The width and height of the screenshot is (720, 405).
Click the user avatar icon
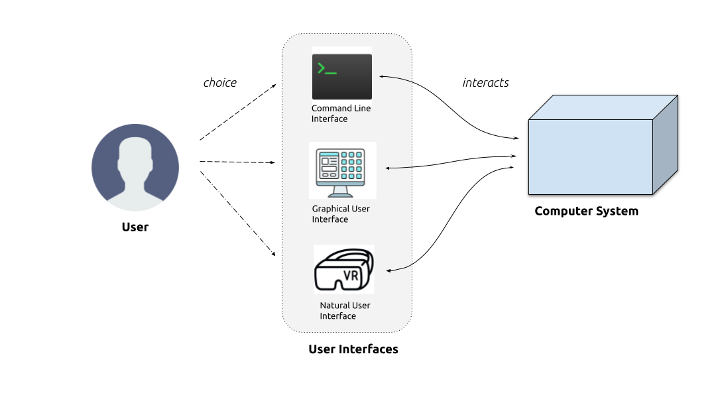click(x=135, y=168)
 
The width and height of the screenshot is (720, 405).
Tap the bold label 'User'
click(x=135, y=227)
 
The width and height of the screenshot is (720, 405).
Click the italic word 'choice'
click(x=220, y=83)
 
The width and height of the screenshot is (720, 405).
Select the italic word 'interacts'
click(x=485, y=83)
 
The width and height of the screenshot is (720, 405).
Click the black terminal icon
click(x=342, y=77)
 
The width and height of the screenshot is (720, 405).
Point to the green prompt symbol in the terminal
click(x=327, y=69)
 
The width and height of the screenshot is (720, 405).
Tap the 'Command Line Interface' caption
click(x=341, y=113)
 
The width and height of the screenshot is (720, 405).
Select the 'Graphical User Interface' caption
click(x=341, y=214)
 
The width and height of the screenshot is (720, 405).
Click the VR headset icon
click(x=344, y=270)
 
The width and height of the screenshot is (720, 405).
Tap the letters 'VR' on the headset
click(x=351, y=276)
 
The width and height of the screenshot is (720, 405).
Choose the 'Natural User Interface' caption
click(x=345, y=310)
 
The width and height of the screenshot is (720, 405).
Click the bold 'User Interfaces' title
click(x=353, y=349)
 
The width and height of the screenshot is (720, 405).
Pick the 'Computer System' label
click(x=586, y=211)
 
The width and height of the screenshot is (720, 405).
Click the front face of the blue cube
click(x=591, y=157)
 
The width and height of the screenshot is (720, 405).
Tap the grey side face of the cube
click(x=666, y=145)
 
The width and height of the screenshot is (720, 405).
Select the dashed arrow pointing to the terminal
click(x=238, y=112)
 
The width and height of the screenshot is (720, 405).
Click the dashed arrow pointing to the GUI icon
click(x=237, y=162)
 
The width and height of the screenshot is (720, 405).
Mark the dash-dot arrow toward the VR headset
click(x=237, y=213)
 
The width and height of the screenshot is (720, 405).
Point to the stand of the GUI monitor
click(x=340, y=192)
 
